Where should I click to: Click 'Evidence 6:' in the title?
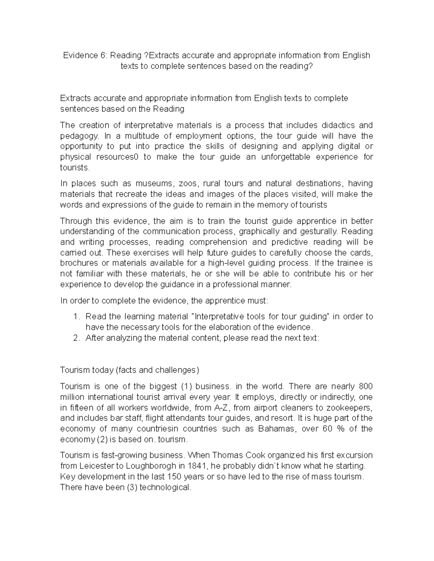pos(85,56)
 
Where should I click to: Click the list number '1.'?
pos(76,317)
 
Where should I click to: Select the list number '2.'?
pos(76,338)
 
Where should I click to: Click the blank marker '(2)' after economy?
pos(102,440)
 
